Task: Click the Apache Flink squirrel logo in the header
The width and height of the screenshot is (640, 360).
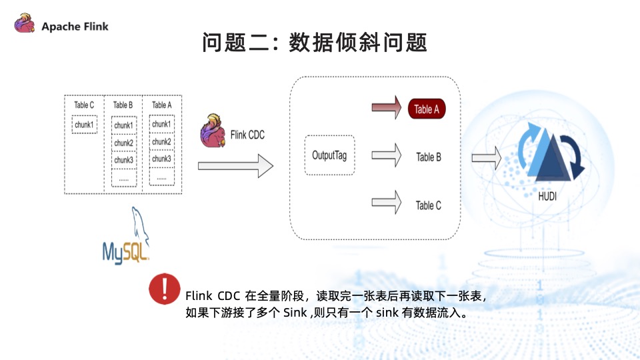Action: tap(25, 25)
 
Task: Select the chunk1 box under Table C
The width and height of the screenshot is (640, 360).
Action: tap(85, 125)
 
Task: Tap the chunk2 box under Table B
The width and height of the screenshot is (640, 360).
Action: tap(123, 143)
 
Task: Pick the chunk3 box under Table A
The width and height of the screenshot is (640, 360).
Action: tap(161, 159)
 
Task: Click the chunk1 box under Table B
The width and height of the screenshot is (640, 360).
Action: tap(123, 125)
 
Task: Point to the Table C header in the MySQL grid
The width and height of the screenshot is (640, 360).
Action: tap(84, 105)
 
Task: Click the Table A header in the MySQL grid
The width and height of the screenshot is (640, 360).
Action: tap(161, 105)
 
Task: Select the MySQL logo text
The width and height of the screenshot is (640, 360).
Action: tap(125, 251)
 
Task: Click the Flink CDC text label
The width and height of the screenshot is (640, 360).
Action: tap(247, 135)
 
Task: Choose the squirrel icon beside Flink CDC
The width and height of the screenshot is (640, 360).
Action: tap(213, 131)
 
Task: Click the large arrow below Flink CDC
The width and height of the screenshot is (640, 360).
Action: tap(235, 165)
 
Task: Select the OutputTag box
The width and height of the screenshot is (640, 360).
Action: tap(329, 155)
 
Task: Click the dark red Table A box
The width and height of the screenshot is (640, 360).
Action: tap(427, 109)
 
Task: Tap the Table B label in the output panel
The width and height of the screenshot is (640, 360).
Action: tap(429, 157)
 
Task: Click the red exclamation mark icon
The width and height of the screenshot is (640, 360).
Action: tap(165, 289)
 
